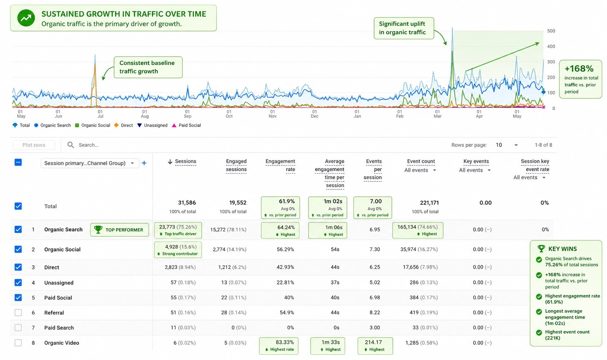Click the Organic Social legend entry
[92, 125]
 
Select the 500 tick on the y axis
[551, 31]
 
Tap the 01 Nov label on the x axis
[273, 114]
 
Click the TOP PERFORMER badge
[120, 230]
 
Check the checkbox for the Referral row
[18, 313]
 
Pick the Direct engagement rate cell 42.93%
[285, 267]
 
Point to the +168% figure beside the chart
[579, 69]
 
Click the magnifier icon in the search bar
[70, 145]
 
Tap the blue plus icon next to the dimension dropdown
[144, 163]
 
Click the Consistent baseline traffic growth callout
[148, 67]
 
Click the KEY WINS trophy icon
[541, 249]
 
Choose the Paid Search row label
[59, 328]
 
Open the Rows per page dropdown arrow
[516, 145]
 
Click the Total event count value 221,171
[429, 203]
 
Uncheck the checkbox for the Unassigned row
[18, 282]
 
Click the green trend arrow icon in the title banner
[26, 18]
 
